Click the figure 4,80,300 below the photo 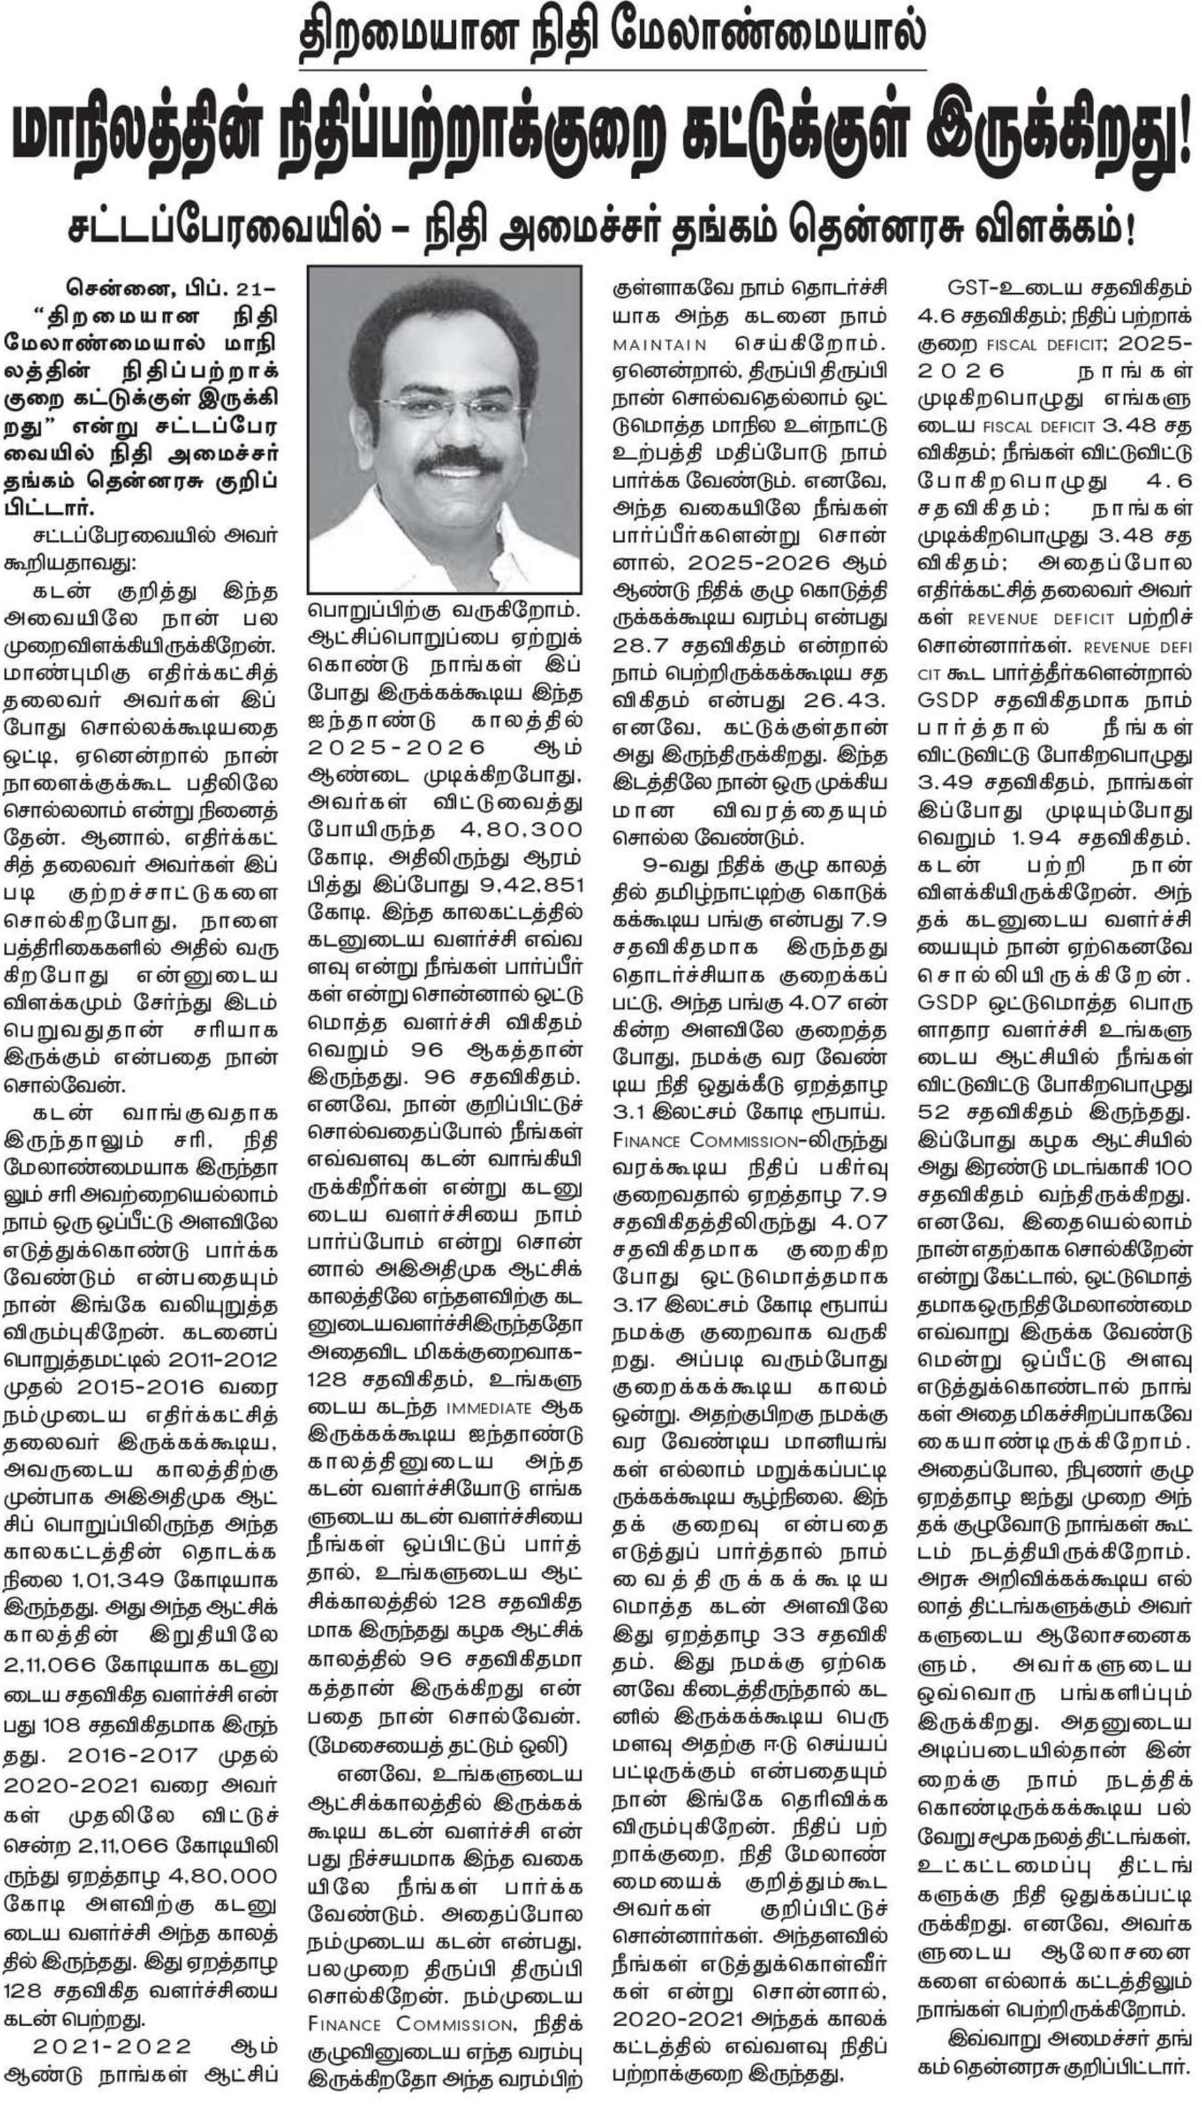519,829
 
